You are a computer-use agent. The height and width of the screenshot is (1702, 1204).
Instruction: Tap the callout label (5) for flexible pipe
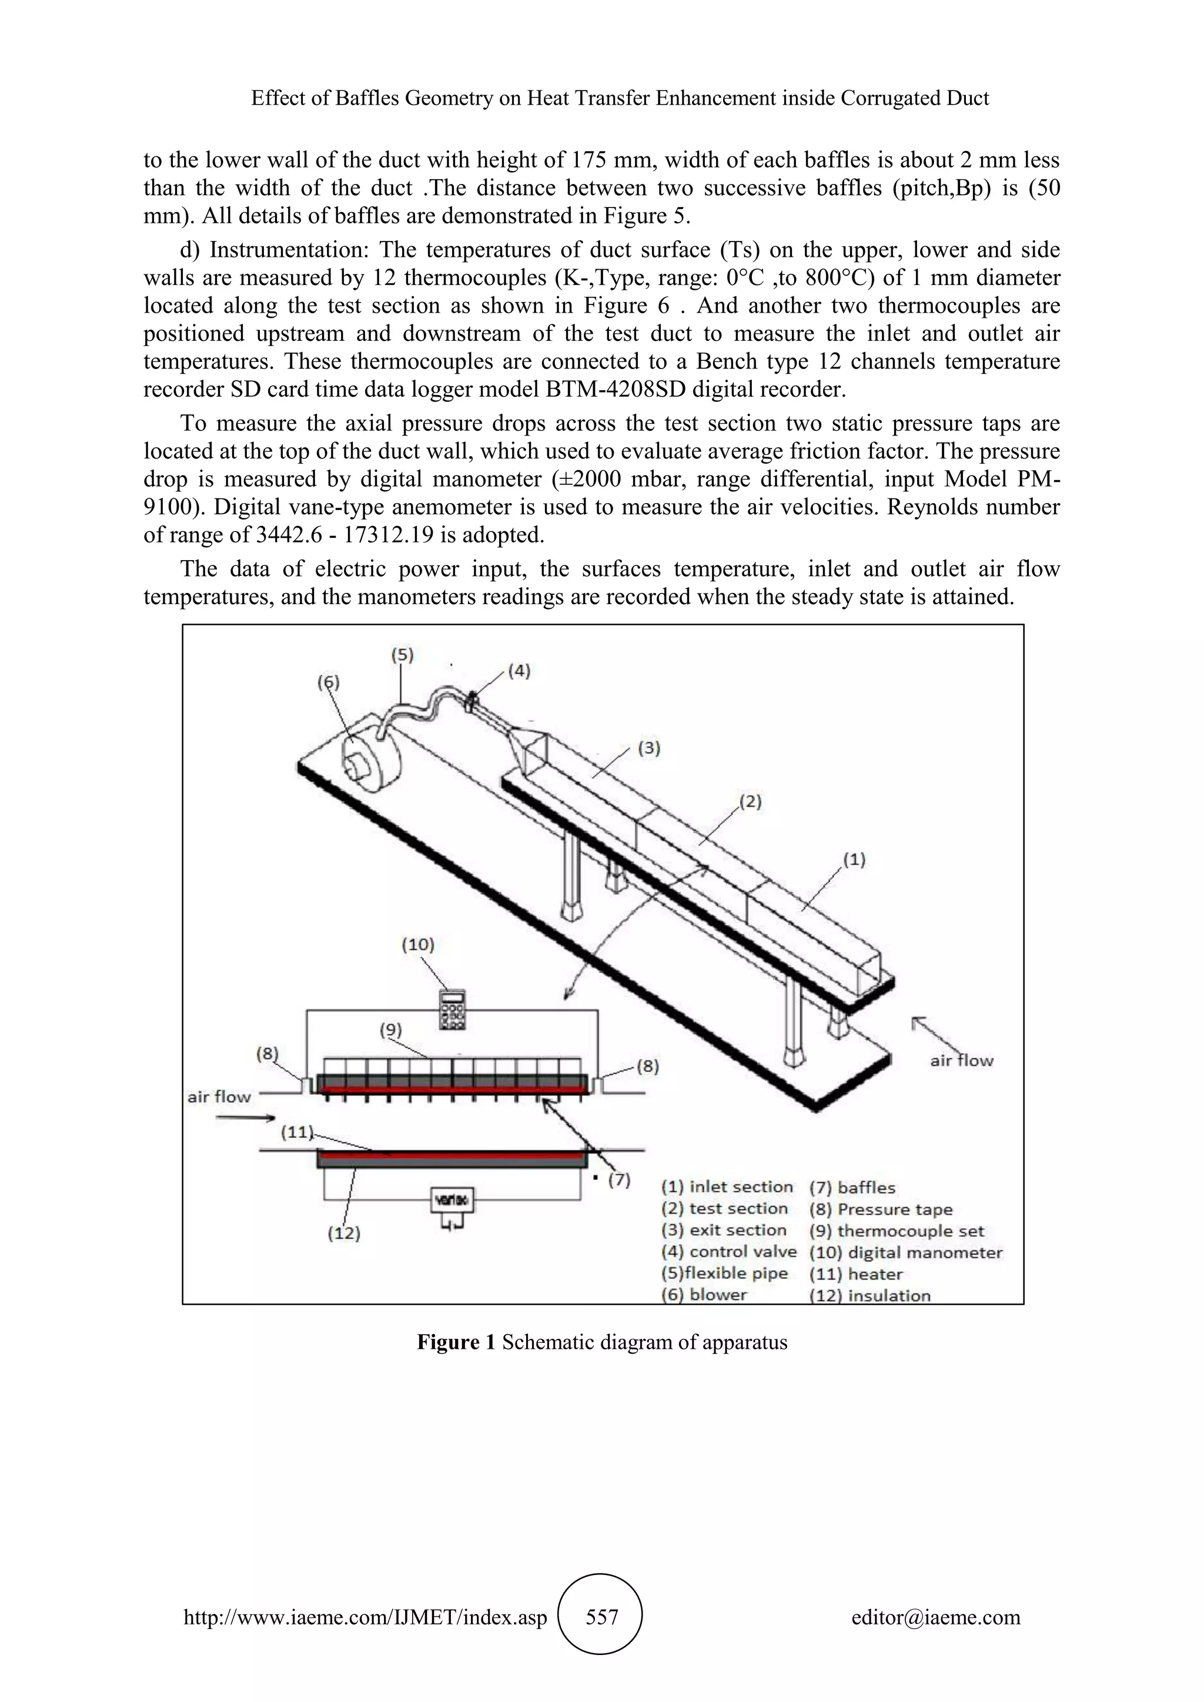click(402, 655)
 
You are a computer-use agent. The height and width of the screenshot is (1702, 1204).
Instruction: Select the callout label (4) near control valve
click(517, 671)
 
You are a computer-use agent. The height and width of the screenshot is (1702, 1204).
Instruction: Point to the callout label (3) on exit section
click(648, 748)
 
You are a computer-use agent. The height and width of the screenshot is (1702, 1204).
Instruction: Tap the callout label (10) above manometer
click(417, 944)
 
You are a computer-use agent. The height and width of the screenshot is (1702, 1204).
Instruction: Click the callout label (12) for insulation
click(343, 1234)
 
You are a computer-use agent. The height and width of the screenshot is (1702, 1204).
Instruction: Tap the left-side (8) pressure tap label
click(267, 1053)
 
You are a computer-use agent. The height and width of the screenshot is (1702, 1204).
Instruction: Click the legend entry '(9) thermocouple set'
click(897, 1231)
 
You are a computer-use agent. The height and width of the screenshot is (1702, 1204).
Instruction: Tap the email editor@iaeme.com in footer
click(935, 1617)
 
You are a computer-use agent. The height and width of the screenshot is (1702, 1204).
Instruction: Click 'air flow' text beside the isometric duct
click(962, 1061)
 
